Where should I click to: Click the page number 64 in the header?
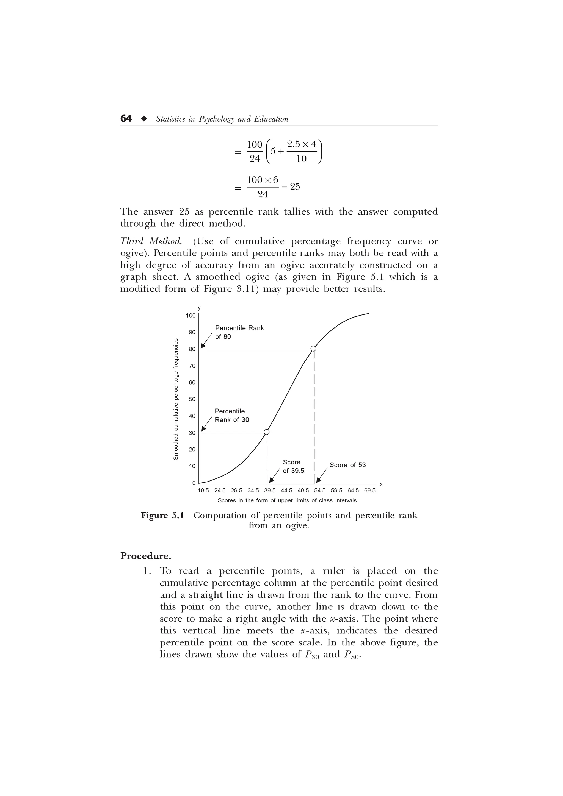pyautogui.click(x=126, y=119)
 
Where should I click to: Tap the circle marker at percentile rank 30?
pyautogui.click(x=266, y=432)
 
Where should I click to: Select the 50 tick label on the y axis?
pyautogui.click(x=192, y=399)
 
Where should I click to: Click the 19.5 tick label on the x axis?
pyautogui.click(x=203, y=491)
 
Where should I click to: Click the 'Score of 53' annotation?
pyautogui.click(x=347, y=465)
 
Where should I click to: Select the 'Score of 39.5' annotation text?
pyautogui.click(x=293, y=466)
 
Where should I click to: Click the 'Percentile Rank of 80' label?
pyautogui.click(x=239, y=332)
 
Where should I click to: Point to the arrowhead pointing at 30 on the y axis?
pyautogui.click(x=204, y=429)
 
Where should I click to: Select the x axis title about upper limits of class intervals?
pyautogui.click(x=287, y=500)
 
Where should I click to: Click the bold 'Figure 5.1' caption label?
pyautogui.click(x=162, y=516)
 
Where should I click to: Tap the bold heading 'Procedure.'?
pyautogui.click(x=146, y=556)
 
